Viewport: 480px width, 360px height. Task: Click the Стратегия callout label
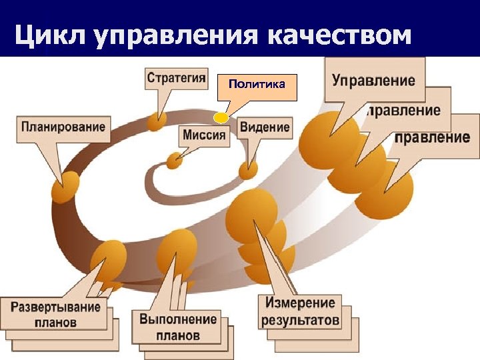click(x=176, y=78)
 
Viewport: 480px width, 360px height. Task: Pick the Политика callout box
click(x=257, y=85)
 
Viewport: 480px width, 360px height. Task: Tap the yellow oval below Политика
click(x=221, y=118)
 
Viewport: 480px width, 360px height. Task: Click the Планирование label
click(x=63, y=127)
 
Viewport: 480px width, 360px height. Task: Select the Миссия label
click(x=204, y=135)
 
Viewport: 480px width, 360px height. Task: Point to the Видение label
click(x=265, y=127)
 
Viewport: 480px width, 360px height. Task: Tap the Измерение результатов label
click(x=300, y=311)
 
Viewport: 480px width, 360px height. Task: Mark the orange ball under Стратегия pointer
click(x=157, y=121)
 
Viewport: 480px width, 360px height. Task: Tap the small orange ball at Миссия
click(x=174, y=161)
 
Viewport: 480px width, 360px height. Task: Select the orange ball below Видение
click(x=249, y=170)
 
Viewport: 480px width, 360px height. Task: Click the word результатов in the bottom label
click(x=300, y=320)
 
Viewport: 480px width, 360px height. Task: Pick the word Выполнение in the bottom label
click(x=178, y=319)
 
